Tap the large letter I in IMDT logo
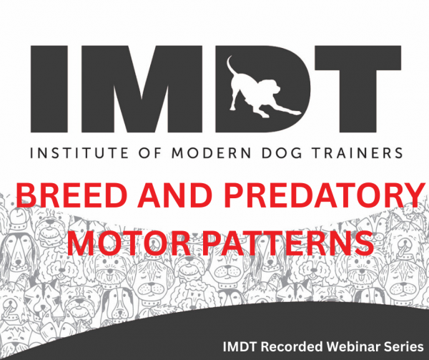click(49, 89)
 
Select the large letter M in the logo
click(142, 89)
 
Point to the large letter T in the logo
click(358, 89)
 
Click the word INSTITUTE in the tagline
click(79, 152)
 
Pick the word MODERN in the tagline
click(211, 152)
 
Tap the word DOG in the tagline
click(282, 152)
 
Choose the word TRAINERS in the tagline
click(357, 152)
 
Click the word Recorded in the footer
click(292, 346)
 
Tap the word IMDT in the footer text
click(240, 346)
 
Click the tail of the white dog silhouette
click(230, 66)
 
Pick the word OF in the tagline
click(149, 152)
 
